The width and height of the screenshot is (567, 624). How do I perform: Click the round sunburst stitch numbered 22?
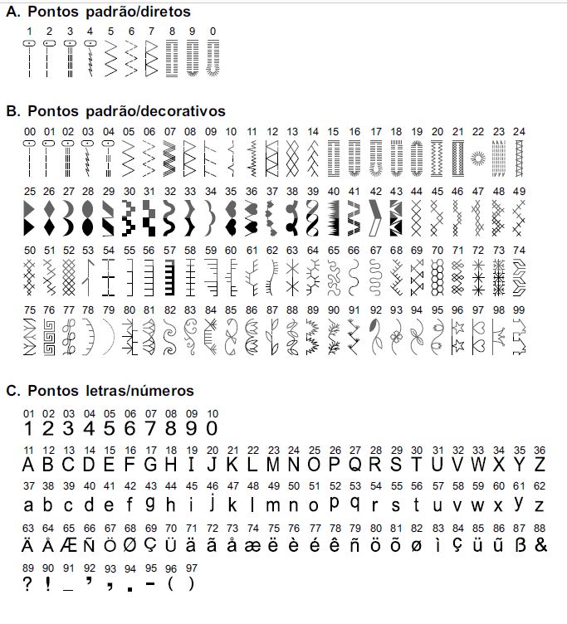pos(477,157)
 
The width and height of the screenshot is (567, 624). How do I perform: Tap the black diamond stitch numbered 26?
pos(50,215)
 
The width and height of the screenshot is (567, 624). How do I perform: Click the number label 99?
pos(520,310)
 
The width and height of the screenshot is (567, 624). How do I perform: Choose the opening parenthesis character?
pos(171,583)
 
